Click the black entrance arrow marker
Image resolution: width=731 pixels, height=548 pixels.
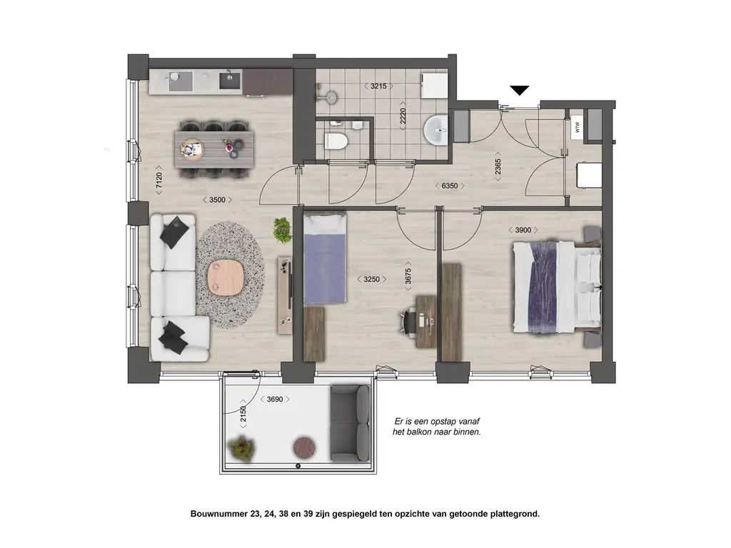pos(519,90)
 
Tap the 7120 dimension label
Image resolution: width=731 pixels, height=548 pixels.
pos(159,180)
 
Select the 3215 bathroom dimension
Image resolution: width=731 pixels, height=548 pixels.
pos(378,86)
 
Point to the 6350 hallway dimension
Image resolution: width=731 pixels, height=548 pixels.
pos(450,186)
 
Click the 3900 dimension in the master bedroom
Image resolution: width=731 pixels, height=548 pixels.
pos(523,230)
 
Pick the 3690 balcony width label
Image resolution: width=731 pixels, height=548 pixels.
pos(275,400)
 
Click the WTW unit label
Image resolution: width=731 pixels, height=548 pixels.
pos(578,126)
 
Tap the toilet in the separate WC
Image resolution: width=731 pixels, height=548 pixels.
pos(336,141)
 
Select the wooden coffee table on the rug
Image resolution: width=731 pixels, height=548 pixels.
pos(225,278)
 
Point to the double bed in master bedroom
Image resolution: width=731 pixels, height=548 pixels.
pos(557,287)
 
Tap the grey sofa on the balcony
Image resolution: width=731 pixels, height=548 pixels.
pos(350,423)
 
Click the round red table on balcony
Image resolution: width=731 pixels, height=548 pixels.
pos(304,447)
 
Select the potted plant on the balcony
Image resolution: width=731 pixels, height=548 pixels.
pos(241,448)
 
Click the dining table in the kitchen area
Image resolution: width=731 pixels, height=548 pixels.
pos(214,148)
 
